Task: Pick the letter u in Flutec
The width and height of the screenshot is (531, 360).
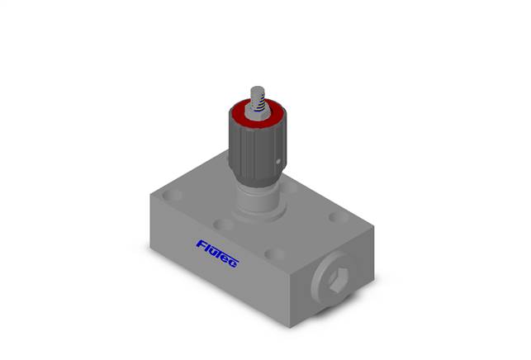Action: (x=212, y=252)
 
